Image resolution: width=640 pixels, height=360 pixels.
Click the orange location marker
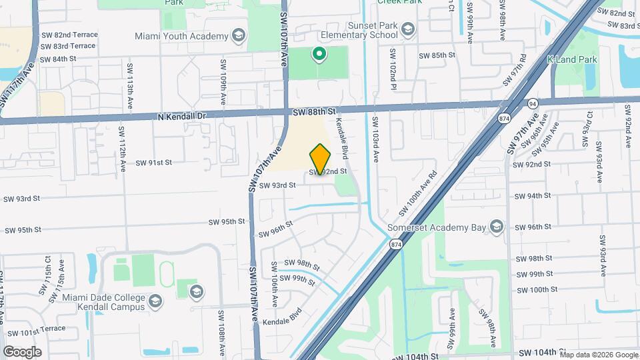(x=321, y=159)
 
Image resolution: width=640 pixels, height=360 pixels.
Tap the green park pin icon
(x=319, y=55)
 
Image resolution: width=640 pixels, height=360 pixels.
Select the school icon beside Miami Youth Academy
(x=238, y=35)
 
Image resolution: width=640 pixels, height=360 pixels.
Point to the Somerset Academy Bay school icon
(x=496, y=227)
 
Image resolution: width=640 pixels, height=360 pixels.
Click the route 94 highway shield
(x=532, y=104)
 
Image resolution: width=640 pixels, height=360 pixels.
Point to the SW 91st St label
(x=154, y=162)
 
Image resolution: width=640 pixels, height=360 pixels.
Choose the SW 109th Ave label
(x=223, y=83)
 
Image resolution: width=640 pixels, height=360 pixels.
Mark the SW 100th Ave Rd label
(x=418, y=193)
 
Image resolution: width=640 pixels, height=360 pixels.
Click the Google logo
(x=22, y=351)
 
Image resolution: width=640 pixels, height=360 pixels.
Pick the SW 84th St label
(x=58, y=59)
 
